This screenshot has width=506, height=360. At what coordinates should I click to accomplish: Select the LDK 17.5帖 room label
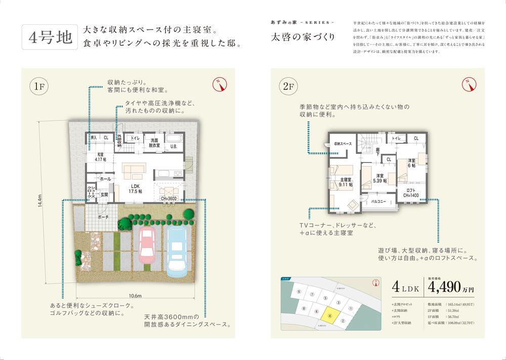tap(133, 188)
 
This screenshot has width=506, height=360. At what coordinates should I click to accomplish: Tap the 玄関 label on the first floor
tap(104, 194)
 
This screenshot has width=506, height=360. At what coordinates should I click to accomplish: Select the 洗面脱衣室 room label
tap(153, 142)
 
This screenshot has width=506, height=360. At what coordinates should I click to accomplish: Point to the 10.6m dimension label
tap(135, 295)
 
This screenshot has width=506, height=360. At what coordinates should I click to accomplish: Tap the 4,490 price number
tap(444, 287)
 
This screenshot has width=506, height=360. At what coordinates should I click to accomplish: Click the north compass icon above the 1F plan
tap(219, 84)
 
